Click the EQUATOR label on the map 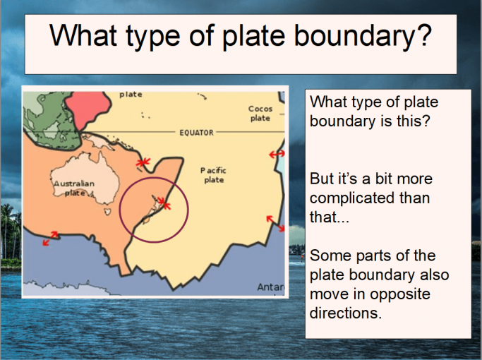pyautogui.click(x=195, y=133)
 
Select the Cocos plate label pyautogui.click(x=260, y=114)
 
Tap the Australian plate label pyautogui.click(x=74, y=188)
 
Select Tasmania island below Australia pyautogui.click(x=107, y=212)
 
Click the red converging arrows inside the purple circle pyautogui.click(x=163, y=203)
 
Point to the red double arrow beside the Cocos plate pyautogui.click(x=277, y=153)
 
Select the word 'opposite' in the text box pyautogui.click(x=417, y=292)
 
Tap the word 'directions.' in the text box pyautogui.click(x=346, y=312)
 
